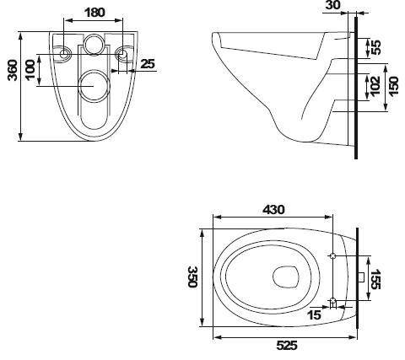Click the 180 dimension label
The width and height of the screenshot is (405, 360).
pyautogui.click(x=94, y=13)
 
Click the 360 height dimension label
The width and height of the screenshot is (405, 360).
pyautogui.click(x=13, y=70)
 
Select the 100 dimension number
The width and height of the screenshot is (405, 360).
pyautogui.click(x=30, y=70)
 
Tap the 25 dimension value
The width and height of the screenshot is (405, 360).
pyautogui.click(x=148, y=64)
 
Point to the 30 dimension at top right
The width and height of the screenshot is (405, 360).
pyautogui.click(x=332, y=5)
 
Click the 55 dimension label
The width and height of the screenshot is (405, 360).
pyautogui.click(x=375, y=48)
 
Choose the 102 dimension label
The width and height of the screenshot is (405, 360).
pyautogui.click(x=375, y=86)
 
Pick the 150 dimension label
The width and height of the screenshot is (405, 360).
pyautogui.click(x=393, y=86)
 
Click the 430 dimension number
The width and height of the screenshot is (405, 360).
pyautogui.click(x=273, y=210)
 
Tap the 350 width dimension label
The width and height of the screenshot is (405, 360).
pyautogui.click(x=192, y=277)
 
